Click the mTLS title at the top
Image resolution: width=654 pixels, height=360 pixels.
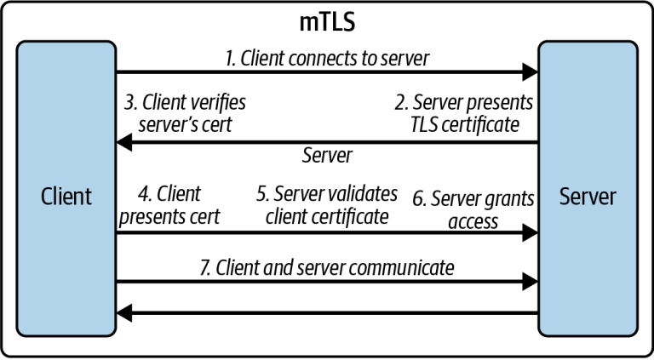[327, 22]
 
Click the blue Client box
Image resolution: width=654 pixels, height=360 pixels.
[66, 188]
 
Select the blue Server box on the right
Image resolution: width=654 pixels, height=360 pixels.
[588, 188]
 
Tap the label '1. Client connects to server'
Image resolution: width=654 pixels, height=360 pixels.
[327, 59]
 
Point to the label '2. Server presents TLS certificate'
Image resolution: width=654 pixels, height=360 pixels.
[464, 113]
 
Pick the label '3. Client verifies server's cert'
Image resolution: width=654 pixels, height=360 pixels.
[185, 113]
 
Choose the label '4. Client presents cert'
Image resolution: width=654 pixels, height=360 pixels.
[169, 206]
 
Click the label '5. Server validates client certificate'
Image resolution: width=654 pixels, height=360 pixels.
[327, 206]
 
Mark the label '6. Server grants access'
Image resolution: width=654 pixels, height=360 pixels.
[473, 210]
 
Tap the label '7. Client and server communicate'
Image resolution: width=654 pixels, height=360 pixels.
[327, 267]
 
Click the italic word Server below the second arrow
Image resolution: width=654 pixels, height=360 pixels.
[327, 156]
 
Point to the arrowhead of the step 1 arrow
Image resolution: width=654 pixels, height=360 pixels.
[531, 72]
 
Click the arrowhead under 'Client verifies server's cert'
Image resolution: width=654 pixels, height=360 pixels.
[124, 143]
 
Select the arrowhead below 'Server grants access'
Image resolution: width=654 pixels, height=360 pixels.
[531, 233]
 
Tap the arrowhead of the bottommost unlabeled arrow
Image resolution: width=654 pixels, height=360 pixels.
[124, 313]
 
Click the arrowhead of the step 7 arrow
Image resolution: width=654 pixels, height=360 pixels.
[531, 282]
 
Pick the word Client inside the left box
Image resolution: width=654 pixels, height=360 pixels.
[66, 197]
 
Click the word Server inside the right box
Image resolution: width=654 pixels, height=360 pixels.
[588, 197]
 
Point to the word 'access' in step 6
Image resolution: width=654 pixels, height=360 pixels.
[473, 221]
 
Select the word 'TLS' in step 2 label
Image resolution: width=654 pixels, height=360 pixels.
[424, 124]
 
